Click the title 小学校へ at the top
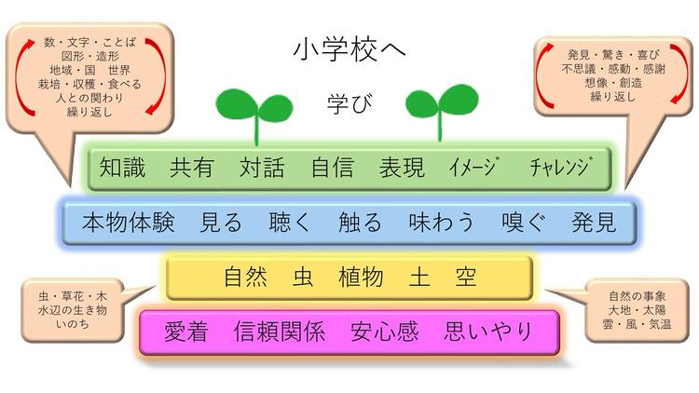(349, 48)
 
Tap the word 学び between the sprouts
(349, 102)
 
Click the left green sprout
(254, 110)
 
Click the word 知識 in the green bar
(123, 169)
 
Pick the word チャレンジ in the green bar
(560, 169)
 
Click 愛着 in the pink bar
(185, 332)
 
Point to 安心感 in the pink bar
(385, 332)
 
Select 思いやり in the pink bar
(488, 332)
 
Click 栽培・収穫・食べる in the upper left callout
(92, 83)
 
